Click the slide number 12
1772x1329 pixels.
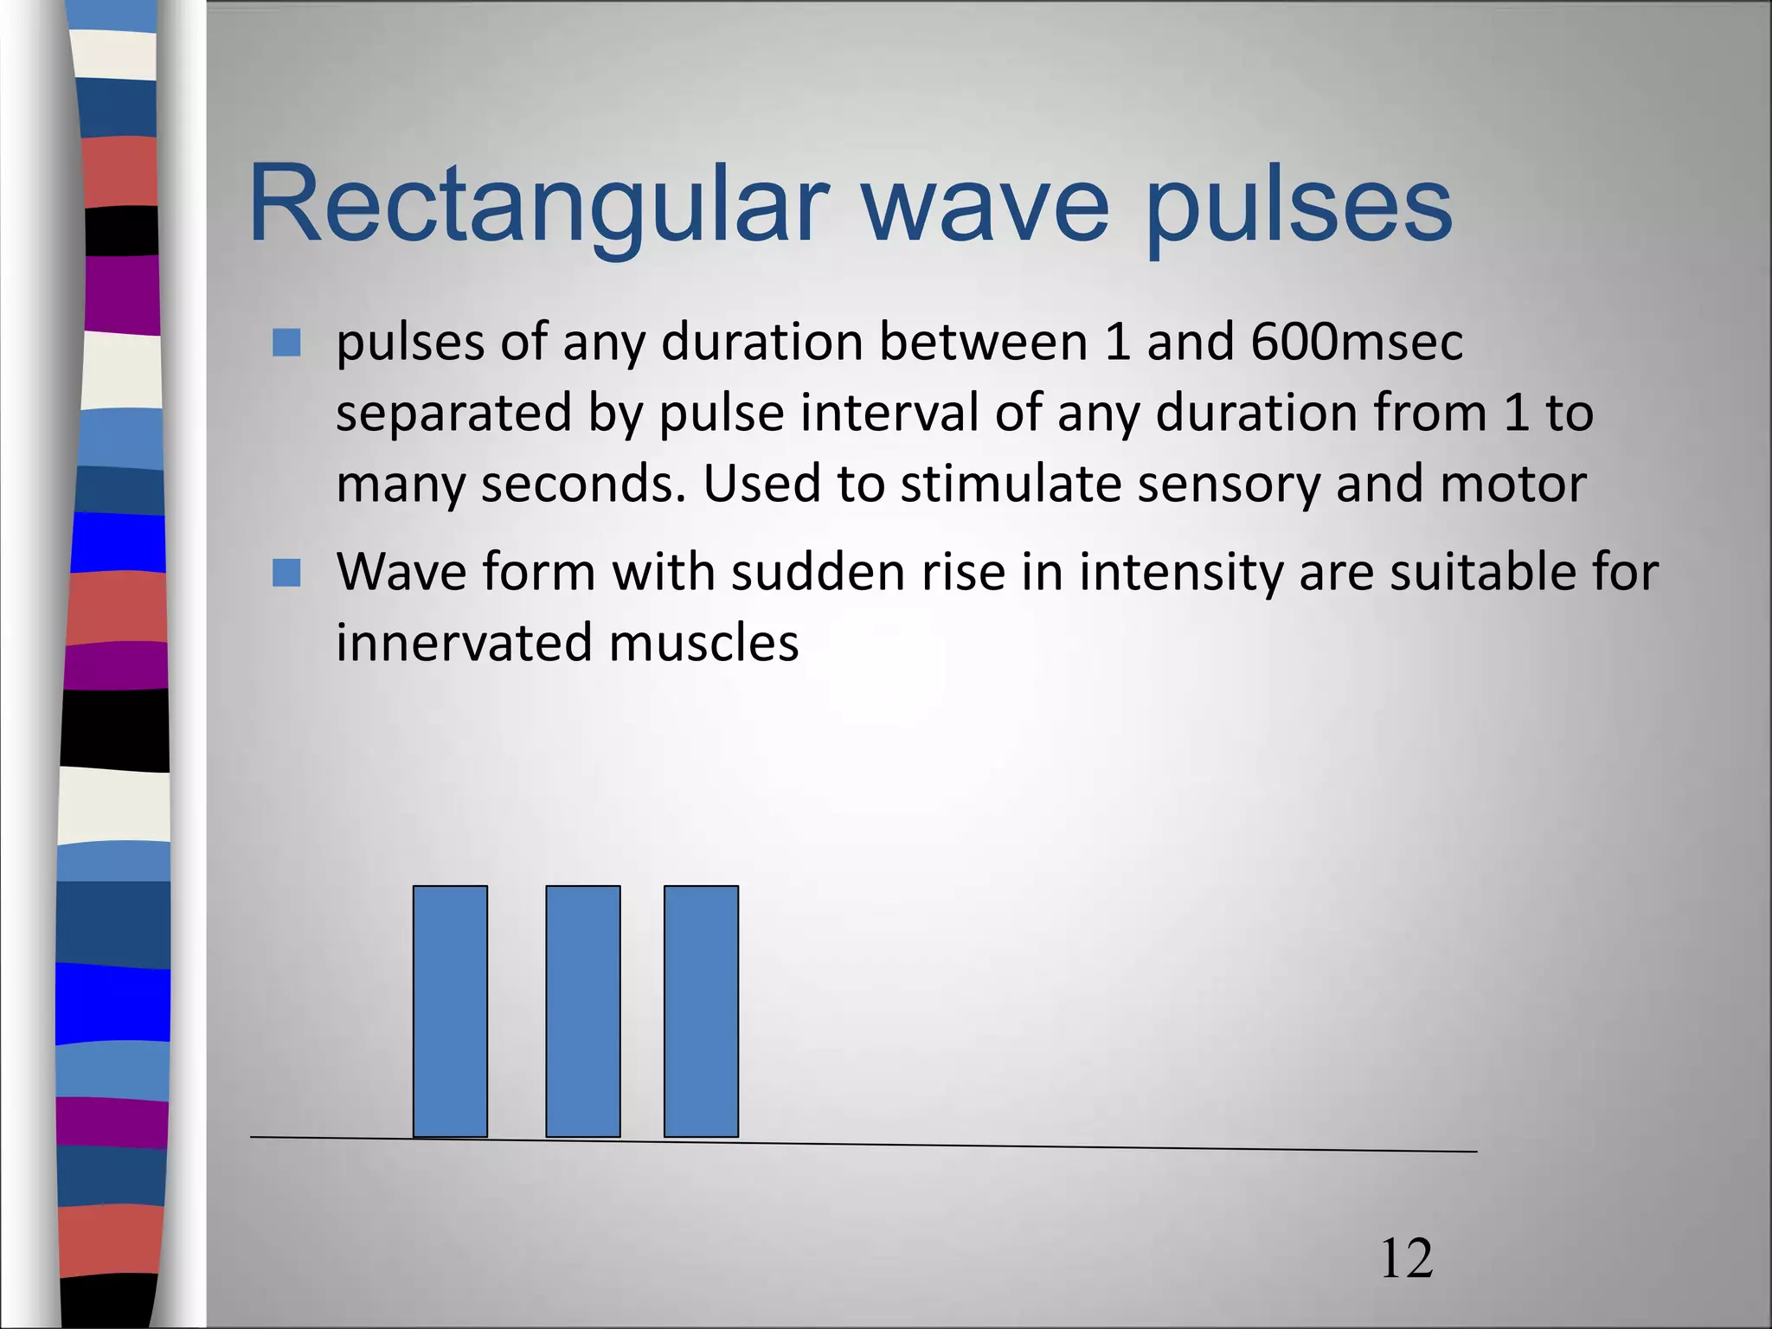pyautogui.click(x=1406, y=1259)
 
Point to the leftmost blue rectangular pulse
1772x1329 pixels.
pyautogui.click(x=450, y=1011)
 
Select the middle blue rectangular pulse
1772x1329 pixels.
pyautogui.click(x=582, y=1011)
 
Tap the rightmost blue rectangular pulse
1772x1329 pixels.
pyautogui.click(x=701, y=1011)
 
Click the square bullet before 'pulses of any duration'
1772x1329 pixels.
pyautogui.click(x=286, y=343)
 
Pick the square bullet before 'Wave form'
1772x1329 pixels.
pyautogui.click(x=286, y=572)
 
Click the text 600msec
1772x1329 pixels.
pyautogui.click(x=1356, y=343)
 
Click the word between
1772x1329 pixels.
pyautogui.click(x=983, y=343)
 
